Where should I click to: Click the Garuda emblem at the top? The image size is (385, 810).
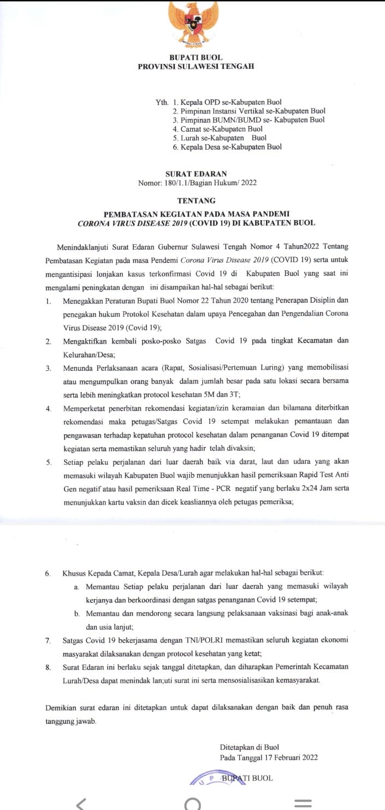pyautogui.click(x=193, y=23)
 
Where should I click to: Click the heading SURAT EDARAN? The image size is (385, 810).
pyautogui.click(x=196, y=174)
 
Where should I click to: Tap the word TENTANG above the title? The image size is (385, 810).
pyautogui.click(x=196, y=200)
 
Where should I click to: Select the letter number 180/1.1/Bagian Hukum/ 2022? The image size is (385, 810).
pyautogui.click(x=197, y=183)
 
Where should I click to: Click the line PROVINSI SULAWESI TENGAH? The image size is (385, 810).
pyautogui.click(x=196, y=67)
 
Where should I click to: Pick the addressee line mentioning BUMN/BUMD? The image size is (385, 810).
pyautogui.click(x=248, y=120)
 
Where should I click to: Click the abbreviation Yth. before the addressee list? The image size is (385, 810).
pyautogui.click(x=162, y=102)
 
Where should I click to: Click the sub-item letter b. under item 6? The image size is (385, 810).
pyautogui.click(x=77, y=613)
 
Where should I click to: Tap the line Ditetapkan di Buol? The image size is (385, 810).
pyautogui.click(x=249, y=747)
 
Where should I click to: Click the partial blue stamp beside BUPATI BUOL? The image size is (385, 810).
pyautogui.click(x=205, y=779)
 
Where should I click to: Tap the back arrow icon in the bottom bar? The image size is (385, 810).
pyautogui.click(x=81, y=803)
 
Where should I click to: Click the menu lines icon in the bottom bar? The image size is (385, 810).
pyautogui.click(x=303, y=803)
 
